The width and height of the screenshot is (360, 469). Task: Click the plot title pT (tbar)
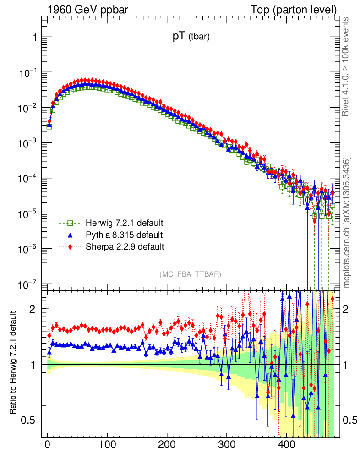[x=191, y=38]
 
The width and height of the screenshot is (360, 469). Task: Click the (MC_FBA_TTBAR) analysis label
[x=191, y=274]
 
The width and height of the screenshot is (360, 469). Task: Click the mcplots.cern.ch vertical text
[x=347, y=222]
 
